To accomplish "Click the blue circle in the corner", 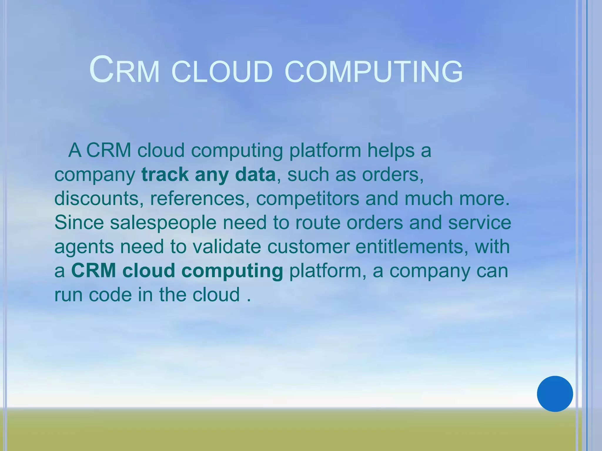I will click(x=555, y=394).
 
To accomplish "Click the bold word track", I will click(x=165, y=174).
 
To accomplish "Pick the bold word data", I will click(x=255, y=174).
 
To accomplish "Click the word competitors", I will click(x=307, y=198).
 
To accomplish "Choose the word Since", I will click(x=79, y=223).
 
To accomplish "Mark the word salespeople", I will click(x=163, y=223).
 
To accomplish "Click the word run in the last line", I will click(x=68, y=295).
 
